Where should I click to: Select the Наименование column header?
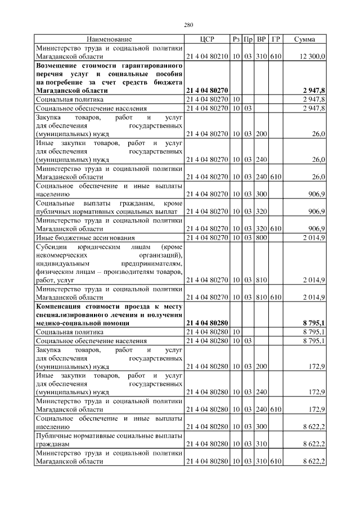[109, 39]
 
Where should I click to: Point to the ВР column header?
[261, 39]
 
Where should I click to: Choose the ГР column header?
[276, 39]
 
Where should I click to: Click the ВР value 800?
[261, 238]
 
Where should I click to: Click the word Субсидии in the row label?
[51, 247]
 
